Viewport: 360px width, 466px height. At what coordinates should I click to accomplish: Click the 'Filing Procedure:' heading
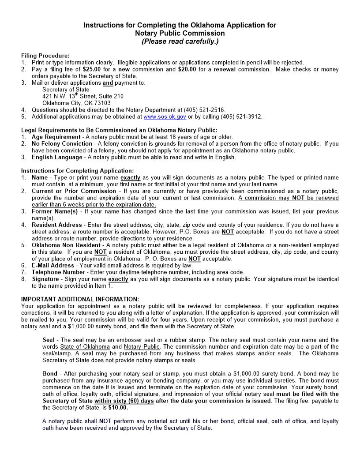(45, 56)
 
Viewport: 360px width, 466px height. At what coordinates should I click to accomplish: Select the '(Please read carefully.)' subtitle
(180, 41)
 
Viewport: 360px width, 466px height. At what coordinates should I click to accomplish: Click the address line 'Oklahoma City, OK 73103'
(76, 103)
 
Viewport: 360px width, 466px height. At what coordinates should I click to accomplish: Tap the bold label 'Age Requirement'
(56, 137)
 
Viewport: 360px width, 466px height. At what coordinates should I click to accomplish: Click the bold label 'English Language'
(57, 157)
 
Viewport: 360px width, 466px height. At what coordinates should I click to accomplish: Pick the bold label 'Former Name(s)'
(54, 211)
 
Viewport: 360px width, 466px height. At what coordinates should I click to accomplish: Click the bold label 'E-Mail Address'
(53, 265)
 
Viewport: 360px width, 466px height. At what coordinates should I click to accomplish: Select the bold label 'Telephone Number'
(58, 272)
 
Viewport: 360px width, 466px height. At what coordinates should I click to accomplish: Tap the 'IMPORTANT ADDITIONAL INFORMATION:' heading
(80, 299)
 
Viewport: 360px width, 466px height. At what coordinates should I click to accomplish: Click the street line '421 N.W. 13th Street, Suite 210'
(82, 96)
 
